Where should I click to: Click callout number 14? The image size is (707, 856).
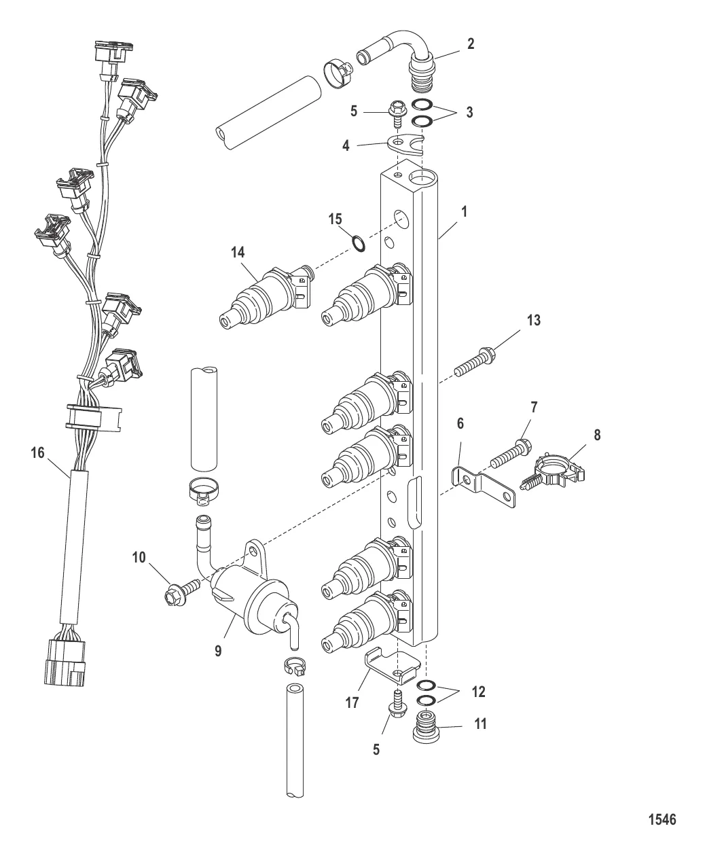tap(238, 253)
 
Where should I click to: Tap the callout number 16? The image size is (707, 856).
tap(38, 453)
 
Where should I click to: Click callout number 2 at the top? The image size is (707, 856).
tap(471, 44)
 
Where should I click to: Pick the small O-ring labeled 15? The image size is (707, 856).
tap(359, 243)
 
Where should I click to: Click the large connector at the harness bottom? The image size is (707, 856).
tap(65, 662)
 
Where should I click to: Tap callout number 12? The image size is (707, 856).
tap(478, 692)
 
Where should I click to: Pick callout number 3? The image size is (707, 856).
tap(470, 112)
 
